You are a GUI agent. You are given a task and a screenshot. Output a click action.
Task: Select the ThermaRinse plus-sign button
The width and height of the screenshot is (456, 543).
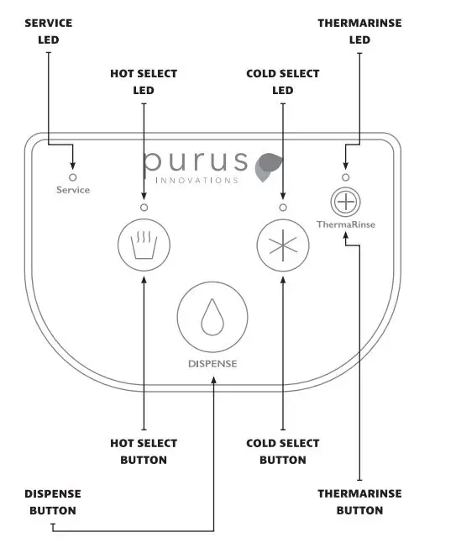click(x=345, y=203)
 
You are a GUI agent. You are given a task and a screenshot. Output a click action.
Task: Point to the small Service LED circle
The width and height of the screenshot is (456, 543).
click(x=72, y=177)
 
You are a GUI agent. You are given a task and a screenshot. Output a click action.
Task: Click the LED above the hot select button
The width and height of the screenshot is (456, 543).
click(x=144, y=208)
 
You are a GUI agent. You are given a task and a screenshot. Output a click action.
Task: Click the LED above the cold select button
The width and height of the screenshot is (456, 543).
click(x=282, y=208)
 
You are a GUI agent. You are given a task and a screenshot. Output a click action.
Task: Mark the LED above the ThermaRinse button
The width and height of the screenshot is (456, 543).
click(x=345, y=177)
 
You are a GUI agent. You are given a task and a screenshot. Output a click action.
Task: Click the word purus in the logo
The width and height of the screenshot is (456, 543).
click(x=196, y=162)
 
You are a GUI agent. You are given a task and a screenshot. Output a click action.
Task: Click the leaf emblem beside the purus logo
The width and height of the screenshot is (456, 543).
click(x=269, y=165)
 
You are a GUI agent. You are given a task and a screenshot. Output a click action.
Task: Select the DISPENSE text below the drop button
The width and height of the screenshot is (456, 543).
click(x=212, y=364)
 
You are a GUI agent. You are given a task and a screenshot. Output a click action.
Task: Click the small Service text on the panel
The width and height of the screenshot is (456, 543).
click(x=73, y=190)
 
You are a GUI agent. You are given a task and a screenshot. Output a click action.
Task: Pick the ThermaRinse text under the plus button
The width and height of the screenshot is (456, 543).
click(x=345, y=224)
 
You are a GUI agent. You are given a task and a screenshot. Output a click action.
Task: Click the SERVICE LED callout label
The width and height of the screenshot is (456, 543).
click(x=49, y=30)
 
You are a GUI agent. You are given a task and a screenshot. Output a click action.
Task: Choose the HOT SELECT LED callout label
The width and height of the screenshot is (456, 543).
click(x=144, y=82)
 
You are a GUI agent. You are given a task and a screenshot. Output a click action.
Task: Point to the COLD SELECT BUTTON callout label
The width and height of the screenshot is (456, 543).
click(x=282, y=451)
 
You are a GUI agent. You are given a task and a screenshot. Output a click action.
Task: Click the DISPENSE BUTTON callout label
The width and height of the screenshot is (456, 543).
click(x=53, y=502)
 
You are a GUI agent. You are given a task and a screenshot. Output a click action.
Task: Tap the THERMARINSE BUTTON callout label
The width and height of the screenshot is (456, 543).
click(x=359, y=502)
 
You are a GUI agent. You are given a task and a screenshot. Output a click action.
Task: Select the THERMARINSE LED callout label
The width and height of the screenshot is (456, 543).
click(x=359, y=30)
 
